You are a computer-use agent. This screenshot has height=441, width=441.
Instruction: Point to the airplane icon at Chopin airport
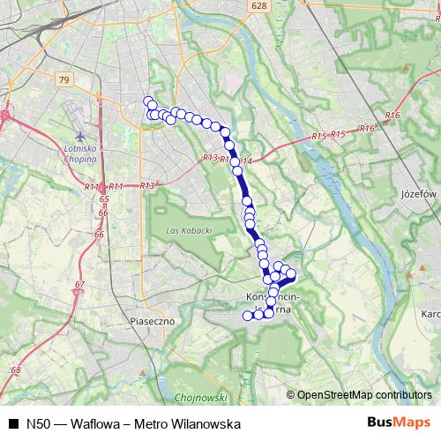click(82, 137)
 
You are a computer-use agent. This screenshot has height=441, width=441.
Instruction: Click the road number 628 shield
click(258, 5)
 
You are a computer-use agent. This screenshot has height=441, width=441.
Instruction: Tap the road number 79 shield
click(63, 79)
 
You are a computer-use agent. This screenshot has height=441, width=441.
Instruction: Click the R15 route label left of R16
click(319, 136)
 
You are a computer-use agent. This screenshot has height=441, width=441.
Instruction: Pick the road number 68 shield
click(15, 370)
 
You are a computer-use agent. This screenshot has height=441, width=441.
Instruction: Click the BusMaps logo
click(398, 422)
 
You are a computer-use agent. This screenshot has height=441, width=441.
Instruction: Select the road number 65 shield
click(104, 200)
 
